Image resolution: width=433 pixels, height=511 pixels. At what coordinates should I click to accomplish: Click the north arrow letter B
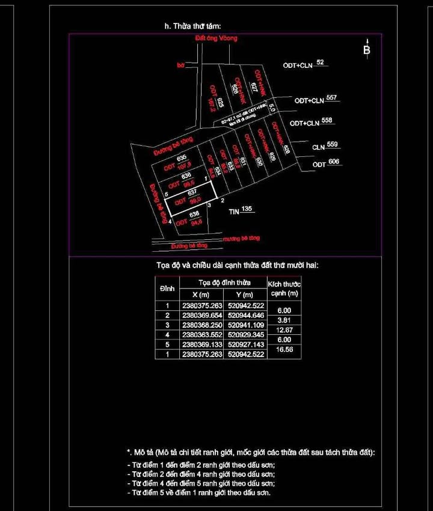click(367, 50)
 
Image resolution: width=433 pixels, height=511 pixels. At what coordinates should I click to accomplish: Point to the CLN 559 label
click(325, 146)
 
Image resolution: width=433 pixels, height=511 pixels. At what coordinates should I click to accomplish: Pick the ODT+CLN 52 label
click(304, 64)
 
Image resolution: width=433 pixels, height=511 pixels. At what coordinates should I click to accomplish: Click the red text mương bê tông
click(242, 239)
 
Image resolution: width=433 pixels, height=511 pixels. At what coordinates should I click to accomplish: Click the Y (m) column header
click(245, 295)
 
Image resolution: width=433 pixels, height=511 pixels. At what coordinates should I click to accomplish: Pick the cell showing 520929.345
click(245, 335)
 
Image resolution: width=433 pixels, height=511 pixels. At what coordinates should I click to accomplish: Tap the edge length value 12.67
click(284, 330)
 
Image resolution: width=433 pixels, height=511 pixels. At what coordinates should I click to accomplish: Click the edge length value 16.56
click(284, 350)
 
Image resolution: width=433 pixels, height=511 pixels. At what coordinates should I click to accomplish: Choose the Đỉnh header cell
click(167, 289)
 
